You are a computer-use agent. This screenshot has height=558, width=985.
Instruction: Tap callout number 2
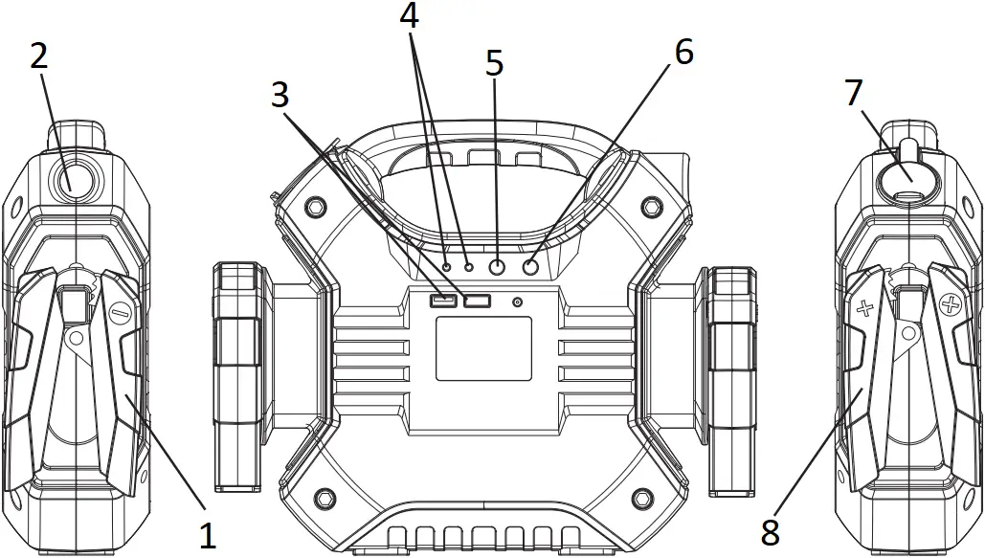(38, 56)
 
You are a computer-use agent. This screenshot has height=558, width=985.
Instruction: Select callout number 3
(280, 95)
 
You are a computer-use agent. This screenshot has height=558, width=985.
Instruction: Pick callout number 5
(494, 63)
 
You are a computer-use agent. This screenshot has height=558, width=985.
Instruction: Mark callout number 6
(683, 53)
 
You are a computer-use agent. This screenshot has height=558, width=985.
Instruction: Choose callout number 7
(854, 93)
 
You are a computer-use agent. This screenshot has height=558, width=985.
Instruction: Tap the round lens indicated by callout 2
(74, 179)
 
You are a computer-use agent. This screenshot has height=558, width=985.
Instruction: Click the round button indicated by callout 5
(497, 269)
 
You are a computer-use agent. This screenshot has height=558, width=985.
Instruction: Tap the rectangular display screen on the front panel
(483, 349)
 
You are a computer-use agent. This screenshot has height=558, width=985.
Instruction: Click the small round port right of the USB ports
(518, 302)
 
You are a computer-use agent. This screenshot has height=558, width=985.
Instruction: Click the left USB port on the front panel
(443, 301)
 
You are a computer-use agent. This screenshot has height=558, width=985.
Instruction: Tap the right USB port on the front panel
(477, 301)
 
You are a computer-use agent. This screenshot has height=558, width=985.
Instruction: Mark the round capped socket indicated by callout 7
(905, 178)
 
